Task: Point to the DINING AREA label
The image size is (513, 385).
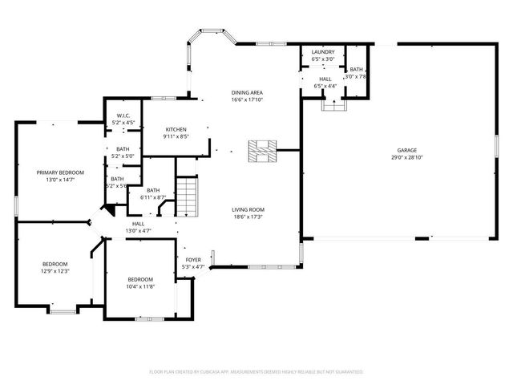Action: [247, 93]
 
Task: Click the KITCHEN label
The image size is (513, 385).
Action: [176, 129]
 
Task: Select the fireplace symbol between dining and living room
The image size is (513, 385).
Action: [261, 150]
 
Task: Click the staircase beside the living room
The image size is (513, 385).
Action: [186, 197]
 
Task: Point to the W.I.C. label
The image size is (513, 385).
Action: [123, 115]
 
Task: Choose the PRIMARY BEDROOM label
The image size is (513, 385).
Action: [60, 172]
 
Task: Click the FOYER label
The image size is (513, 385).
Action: [194, 260]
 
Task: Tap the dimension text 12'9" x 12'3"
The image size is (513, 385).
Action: [55, 271]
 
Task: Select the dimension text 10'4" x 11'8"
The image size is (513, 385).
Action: [139, 286]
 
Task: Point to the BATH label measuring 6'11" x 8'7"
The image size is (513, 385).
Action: [152, 190]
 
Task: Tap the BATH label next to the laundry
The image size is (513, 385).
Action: [355, 70]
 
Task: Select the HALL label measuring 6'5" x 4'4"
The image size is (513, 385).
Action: [325, 79]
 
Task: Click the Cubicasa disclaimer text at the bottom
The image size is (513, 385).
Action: [256, 372]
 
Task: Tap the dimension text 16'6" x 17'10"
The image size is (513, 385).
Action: [247, 100]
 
